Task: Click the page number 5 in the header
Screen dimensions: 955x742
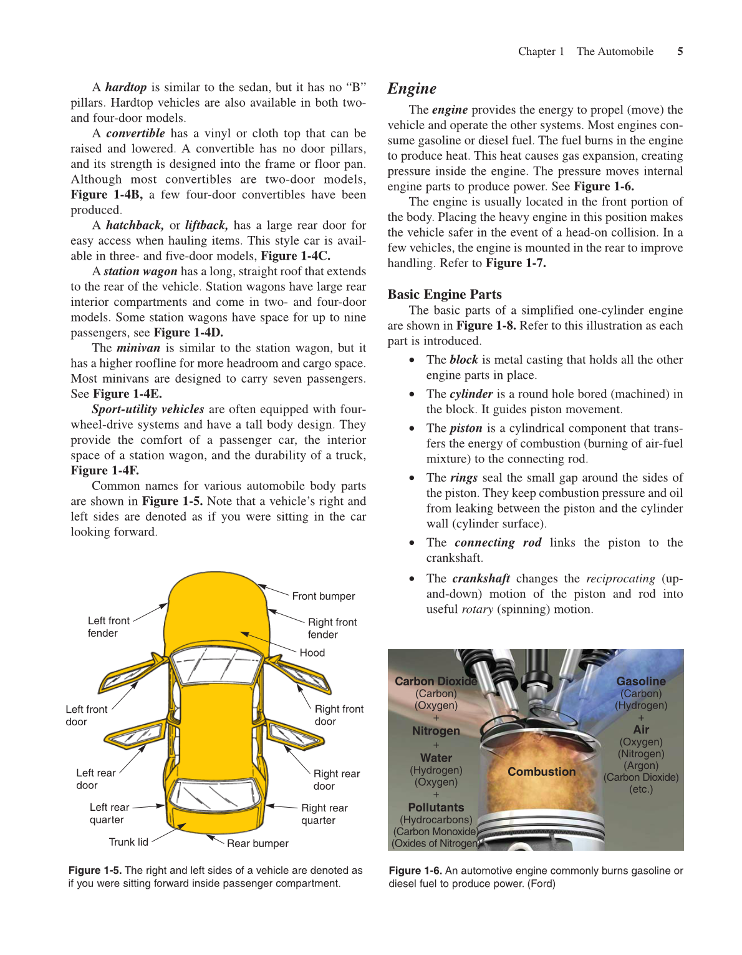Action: (680, 52)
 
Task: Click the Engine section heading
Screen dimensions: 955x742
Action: (412, 89)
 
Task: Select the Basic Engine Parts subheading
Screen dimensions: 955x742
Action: (444, 295)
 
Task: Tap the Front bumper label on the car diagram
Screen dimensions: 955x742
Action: (323, 596)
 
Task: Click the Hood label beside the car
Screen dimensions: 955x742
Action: (312, 653)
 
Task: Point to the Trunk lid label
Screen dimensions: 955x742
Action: (128, 842)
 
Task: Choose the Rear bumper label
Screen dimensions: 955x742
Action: (258, 843)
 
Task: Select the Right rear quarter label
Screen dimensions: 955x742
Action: (324, 814)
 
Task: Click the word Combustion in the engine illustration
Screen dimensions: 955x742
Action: (541, 772)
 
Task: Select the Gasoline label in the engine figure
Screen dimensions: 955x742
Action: (640, 682)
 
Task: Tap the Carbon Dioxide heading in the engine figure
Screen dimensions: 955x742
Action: (435, 682)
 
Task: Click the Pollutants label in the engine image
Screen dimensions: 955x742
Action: (436, 808)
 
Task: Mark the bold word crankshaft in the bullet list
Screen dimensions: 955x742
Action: (481, 579)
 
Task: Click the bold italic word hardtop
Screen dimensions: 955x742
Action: (125, 87)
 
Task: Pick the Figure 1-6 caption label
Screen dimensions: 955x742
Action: (415, 871)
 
